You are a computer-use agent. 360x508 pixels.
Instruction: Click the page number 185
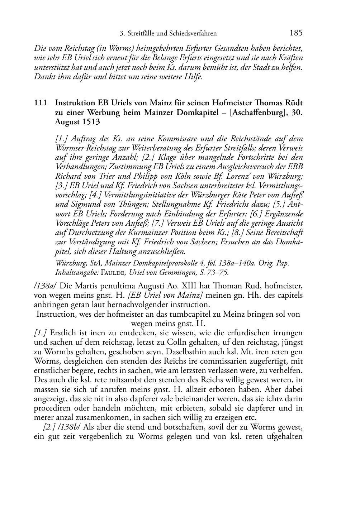pyautogui.click(x=296, y=33)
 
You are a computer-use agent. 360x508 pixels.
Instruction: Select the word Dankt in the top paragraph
pyautogui.click(x=42, y=77)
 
